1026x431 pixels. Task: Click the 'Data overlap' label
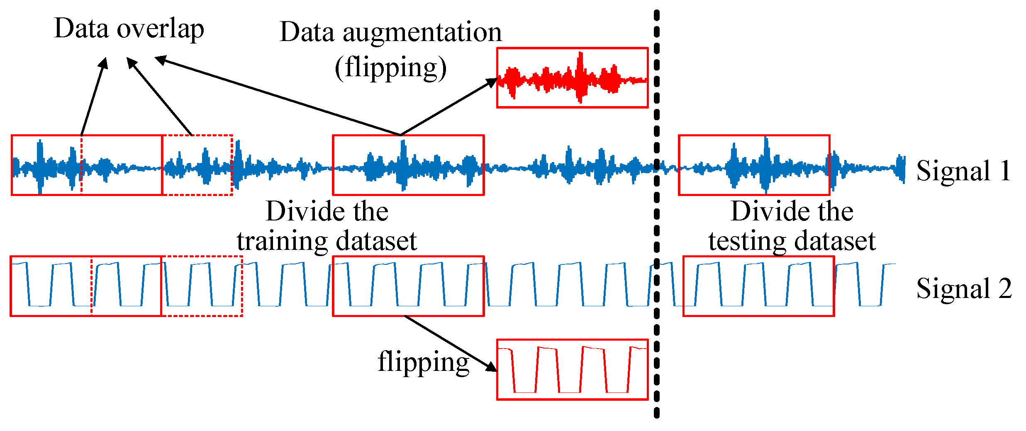(x=129, y=29)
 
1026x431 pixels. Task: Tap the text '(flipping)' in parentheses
(x=390, y=68)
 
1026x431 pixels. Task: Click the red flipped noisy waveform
(x=572, y=78)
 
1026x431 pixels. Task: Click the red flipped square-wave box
(x=572, y=370)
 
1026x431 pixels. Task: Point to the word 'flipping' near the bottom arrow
(x=423, y=362)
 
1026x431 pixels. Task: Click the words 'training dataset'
(x=327, y=241)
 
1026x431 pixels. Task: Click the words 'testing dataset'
(x=792, y=241)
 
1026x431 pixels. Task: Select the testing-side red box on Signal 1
(x=754, y=165)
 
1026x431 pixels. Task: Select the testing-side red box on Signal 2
(x=758, y=286)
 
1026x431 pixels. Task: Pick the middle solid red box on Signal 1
(x=408, y=165)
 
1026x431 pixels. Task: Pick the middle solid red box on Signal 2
(x=408, y=286)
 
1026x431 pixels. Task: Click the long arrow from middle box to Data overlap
(x=278, y=97)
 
